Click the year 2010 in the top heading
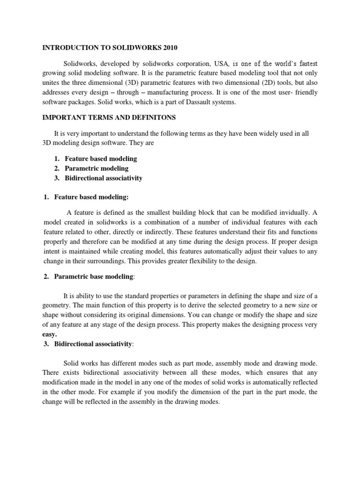pyautogui.click(x=170, y=47)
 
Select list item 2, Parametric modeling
pyautogui.click(x=96, y=168)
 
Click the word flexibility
pyautogui.click(x=198, y=262)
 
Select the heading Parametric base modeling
pyautogui.click(x=94, y=277)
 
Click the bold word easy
pyautogui.click(x=49, y=335)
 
